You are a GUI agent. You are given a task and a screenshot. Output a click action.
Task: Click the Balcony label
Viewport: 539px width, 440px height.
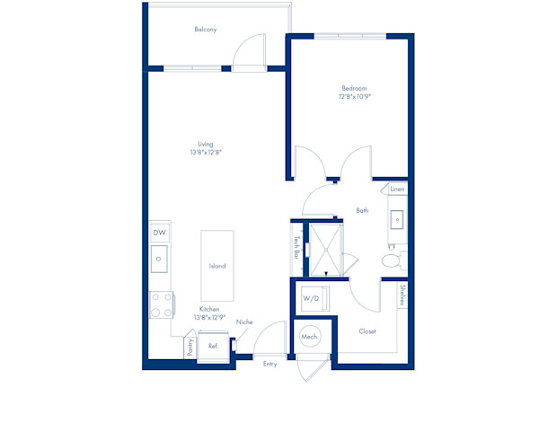click(206, 30)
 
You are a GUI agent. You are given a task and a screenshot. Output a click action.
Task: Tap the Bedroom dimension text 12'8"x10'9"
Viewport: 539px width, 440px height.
click(355, 96)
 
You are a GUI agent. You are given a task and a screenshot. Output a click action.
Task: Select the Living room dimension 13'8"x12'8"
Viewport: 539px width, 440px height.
click(206, 152)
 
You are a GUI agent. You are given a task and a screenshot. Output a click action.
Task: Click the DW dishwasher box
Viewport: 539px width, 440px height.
click(160, 233)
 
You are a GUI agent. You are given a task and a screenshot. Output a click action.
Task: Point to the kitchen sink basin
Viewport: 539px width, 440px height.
click(159, 259)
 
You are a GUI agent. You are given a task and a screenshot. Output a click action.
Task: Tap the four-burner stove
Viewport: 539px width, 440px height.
click(162, 304)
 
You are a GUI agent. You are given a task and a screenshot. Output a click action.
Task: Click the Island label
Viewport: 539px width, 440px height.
click(217, 266)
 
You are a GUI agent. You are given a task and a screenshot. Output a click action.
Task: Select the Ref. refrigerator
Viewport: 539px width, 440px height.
click(214, 347)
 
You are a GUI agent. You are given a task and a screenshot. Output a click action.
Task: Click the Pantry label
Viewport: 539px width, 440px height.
click(190, 348)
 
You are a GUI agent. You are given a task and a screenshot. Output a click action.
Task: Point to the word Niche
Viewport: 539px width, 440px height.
click(244, 322)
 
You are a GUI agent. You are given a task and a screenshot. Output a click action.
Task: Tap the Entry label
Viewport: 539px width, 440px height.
click(269, 364)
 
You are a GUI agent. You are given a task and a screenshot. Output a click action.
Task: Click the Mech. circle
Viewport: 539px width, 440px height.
click(310, 336)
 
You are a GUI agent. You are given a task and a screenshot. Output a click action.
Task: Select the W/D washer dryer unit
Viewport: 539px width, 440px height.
click(315, 299)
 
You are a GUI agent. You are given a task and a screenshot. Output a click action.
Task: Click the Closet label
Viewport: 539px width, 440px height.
click(367, 331)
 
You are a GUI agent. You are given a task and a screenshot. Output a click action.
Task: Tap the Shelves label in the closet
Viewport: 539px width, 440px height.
click(402, 295)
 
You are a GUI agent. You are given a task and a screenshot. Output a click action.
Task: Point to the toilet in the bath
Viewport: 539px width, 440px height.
click(394, 260)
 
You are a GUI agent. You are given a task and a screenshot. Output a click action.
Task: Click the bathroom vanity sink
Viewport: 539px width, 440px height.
click(397, 219)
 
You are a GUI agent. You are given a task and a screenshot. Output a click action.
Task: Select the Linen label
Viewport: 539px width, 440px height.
click(397, 189)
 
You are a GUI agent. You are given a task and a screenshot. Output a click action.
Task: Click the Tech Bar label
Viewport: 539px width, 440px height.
click(296, 247)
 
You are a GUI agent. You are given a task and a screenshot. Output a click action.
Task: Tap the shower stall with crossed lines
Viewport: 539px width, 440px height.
click(326, 250)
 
